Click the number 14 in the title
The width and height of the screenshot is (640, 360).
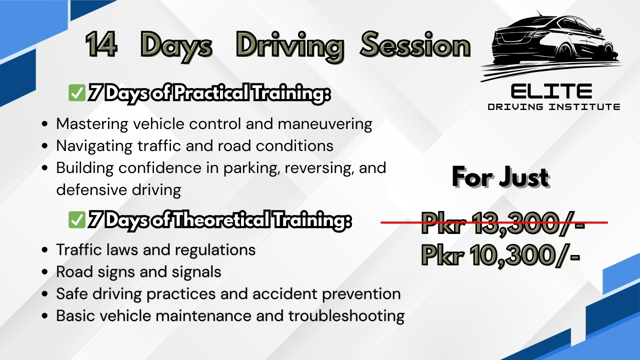101,45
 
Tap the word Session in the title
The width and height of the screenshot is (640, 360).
415,45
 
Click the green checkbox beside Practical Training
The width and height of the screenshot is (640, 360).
77,93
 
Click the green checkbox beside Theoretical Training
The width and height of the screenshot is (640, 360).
77,219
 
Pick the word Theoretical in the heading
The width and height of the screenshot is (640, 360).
221,219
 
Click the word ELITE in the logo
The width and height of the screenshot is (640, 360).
551,91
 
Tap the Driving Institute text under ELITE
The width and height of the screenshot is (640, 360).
553,107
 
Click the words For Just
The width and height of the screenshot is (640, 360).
500,177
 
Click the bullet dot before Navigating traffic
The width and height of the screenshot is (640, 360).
44,145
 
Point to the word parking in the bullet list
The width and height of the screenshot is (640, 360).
252,168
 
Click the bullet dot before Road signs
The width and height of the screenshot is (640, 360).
44,271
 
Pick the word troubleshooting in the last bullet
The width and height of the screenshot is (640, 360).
346,316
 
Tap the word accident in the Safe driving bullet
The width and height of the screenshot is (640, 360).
284,293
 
